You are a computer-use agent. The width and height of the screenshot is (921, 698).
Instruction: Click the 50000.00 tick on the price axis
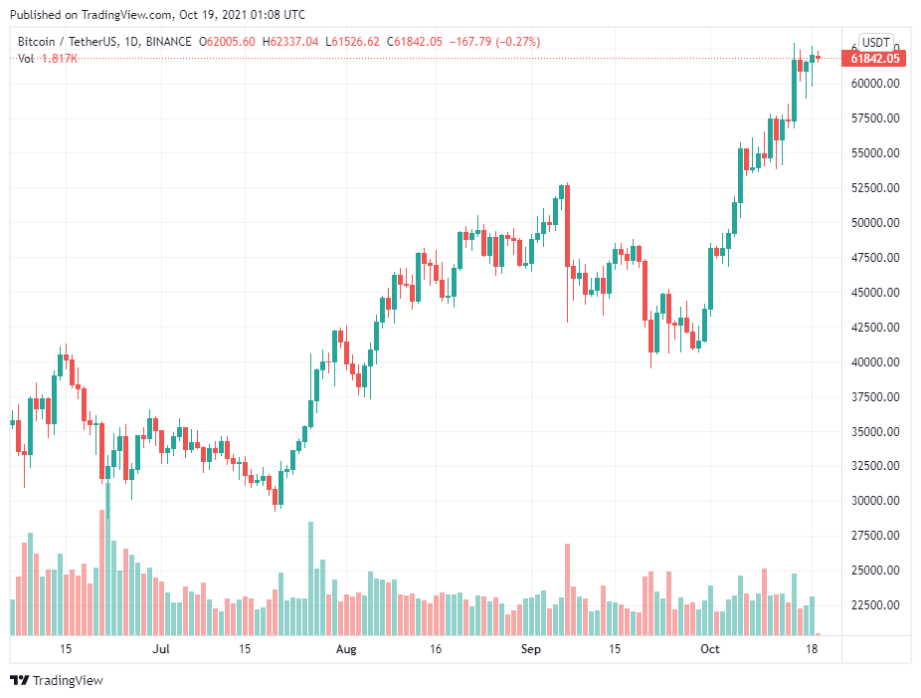(875, 223)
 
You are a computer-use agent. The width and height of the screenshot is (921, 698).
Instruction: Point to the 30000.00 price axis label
(875, 501)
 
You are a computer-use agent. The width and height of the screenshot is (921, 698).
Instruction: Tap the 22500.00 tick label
(875, 605)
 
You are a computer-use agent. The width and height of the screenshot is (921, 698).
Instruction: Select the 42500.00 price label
(875, 328)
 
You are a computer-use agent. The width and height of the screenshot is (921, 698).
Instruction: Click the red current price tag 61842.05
(875, 59)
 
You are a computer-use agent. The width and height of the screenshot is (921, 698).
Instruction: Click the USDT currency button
(875, 43)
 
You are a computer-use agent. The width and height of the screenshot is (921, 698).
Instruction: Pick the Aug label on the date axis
(345, 649)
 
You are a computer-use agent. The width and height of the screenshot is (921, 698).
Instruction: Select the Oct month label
(709, 649)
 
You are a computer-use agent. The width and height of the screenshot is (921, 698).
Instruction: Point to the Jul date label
(161, 649)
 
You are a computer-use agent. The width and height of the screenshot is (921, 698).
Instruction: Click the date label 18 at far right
(812, 649)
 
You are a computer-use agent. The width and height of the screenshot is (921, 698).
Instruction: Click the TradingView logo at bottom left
(57, 681)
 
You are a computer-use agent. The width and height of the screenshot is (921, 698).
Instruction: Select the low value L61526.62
(356, 42)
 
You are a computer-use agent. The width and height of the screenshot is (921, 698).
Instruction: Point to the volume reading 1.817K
(60, 59)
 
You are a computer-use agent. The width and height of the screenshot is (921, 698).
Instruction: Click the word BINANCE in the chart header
(167, 42)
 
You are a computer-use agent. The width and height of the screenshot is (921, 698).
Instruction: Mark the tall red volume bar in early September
(567, 587)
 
